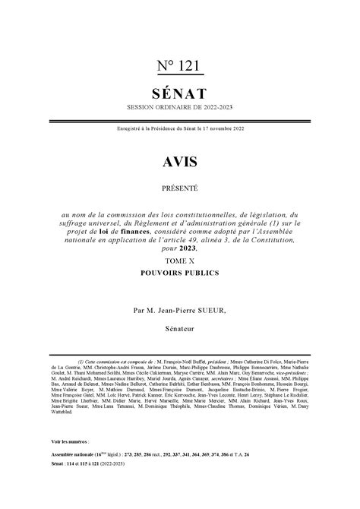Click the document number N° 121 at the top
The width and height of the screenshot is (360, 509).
[179, 67]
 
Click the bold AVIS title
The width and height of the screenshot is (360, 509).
[179, 161]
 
